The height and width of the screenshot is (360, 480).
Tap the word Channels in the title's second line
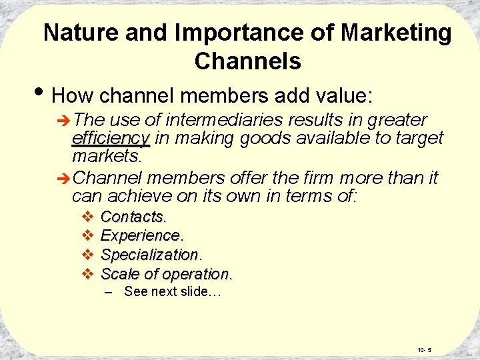247,61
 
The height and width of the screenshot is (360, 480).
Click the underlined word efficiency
111,138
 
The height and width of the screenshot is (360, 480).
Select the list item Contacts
133,217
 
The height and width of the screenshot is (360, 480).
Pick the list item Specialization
151,255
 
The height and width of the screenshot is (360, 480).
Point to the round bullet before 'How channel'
41,95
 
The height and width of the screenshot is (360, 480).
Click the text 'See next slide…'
173,292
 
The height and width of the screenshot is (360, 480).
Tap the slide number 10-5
424,349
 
